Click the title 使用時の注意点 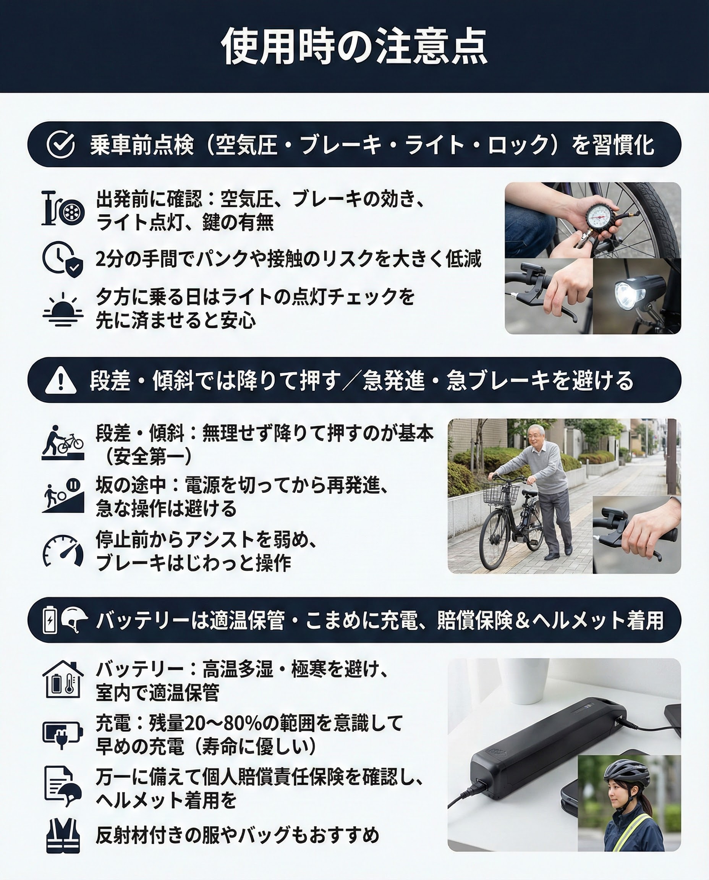[354, 46]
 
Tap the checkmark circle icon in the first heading [60, 144]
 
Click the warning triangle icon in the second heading [60, 380]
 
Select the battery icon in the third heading [49, 620]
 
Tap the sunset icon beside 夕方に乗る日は [63, 309]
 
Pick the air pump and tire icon [63, 208]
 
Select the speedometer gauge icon [63, 550]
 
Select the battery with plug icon [63, 734]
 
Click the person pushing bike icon [63, 443]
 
